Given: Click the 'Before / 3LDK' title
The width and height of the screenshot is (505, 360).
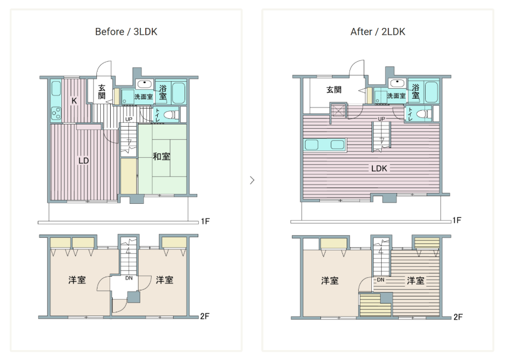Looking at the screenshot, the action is pyautogui.click(x=126, y=32).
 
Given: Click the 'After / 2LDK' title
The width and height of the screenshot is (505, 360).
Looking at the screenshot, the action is pyautogui.click(x=378, y=32).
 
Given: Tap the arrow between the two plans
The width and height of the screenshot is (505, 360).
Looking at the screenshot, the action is pyautogui.click(x=252, y=180).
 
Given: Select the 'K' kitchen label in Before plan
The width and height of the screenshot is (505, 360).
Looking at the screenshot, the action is pyautogui.click(x=74, y=101).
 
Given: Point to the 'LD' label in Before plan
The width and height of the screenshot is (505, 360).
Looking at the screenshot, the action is pyautogui.click(x=84, y=161).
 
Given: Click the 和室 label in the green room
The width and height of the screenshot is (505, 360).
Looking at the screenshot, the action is pyautogui.click(x=162, y=157).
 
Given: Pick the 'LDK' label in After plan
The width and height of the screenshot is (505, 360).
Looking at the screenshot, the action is pyautogui.click(x=379, y=168).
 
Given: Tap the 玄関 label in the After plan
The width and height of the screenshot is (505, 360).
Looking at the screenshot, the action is pyautogui.click(x=334, y=90).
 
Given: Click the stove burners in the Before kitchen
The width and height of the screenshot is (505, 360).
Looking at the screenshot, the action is pyautogui.click(x=56, y=113).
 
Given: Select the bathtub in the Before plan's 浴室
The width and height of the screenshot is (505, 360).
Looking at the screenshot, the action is pyautogui.click(x=179, y=93).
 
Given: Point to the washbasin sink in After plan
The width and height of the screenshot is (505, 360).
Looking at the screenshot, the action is pyautogui.click(x=398, y=83).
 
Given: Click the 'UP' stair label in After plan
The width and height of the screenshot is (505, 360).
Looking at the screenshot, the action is pyautogui.click(x=382, y=119).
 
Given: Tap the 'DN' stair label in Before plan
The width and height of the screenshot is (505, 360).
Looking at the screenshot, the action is pyautogui.click(x=129, y=278).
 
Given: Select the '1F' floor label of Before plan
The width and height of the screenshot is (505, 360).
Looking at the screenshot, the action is pyautogui.click(x=205, y=221).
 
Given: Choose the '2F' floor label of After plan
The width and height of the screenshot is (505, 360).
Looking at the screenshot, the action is pyautogui.click(x=458, y=317).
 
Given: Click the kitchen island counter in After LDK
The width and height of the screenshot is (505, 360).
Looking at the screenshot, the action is pyautogui.click(x=325, y=145).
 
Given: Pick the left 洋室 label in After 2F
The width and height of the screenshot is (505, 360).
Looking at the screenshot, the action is pyautogui.click(x=330, y=281).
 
